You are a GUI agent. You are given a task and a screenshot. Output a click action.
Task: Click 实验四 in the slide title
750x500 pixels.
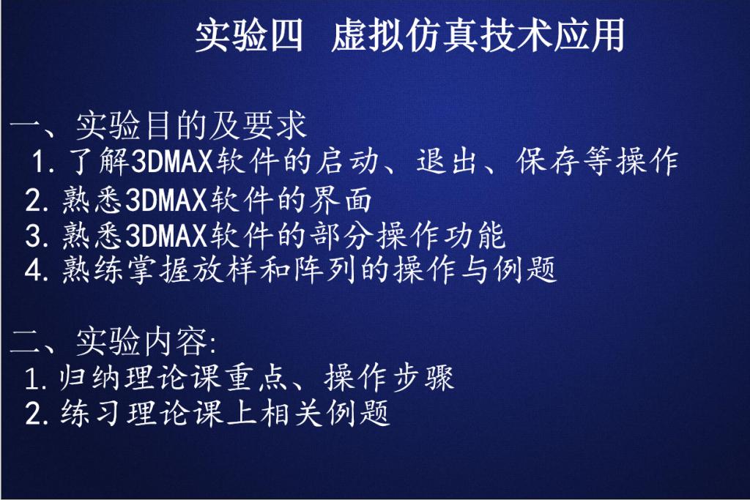(249, 36)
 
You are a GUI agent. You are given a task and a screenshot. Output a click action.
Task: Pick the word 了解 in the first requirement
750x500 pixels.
(99, 161)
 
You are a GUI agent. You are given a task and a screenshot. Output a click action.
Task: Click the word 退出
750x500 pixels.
(447, 161)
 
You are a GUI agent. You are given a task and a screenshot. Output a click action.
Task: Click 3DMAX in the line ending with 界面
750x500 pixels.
(166, 199)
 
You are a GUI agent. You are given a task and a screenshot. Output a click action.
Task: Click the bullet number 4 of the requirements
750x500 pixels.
(34, 271)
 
